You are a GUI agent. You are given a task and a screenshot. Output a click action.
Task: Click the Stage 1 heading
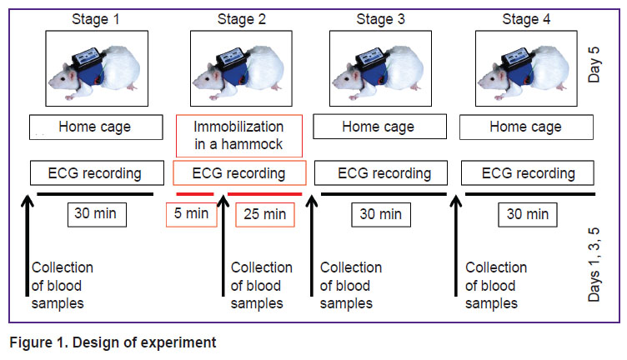[x=96, y=19]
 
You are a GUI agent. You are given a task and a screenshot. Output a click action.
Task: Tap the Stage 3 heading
[x=381, y=19]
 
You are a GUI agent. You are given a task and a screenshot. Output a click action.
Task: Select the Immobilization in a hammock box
[x=239, y=136]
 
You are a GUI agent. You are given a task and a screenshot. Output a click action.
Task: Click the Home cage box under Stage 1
[x=96, y=127]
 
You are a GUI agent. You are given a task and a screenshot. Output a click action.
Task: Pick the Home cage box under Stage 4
[x=526, y=127]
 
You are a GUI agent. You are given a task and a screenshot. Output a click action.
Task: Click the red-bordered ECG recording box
[x=239, y=173]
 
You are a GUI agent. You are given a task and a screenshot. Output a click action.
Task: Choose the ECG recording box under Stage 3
[x=381, y=173]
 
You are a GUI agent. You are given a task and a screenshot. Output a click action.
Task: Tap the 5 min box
[x=192, y=214]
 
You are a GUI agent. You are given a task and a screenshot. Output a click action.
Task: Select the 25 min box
[x=265, y=214]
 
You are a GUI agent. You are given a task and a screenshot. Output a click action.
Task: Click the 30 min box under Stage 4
[x=528, y=214]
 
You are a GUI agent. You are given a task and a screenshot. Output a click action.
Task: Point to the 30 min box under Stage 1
[x=97, y=214]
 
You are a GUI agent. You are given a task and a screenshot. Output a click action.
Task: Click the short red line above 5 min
[x=195, y=194]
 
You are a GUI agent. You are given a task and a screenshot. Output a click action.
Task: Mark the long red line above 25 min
[x=264, y=194]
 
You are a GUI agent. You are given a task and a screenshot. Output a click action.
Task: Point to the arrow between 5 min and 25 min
[x=223, y=245]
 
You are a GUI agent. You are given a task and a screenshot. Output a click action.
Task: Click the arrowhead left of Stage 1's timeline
[x=28, y=200]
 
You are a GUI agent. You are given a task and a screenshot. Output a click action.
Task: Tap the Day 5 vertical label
[x=594, y=65]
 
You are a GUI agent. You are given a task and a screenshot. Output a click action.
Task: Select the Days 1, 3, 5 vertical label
[x=594, y=264]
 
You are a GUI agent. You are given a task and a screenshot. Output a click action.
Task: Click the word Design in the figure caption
[x=97, y=342]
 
